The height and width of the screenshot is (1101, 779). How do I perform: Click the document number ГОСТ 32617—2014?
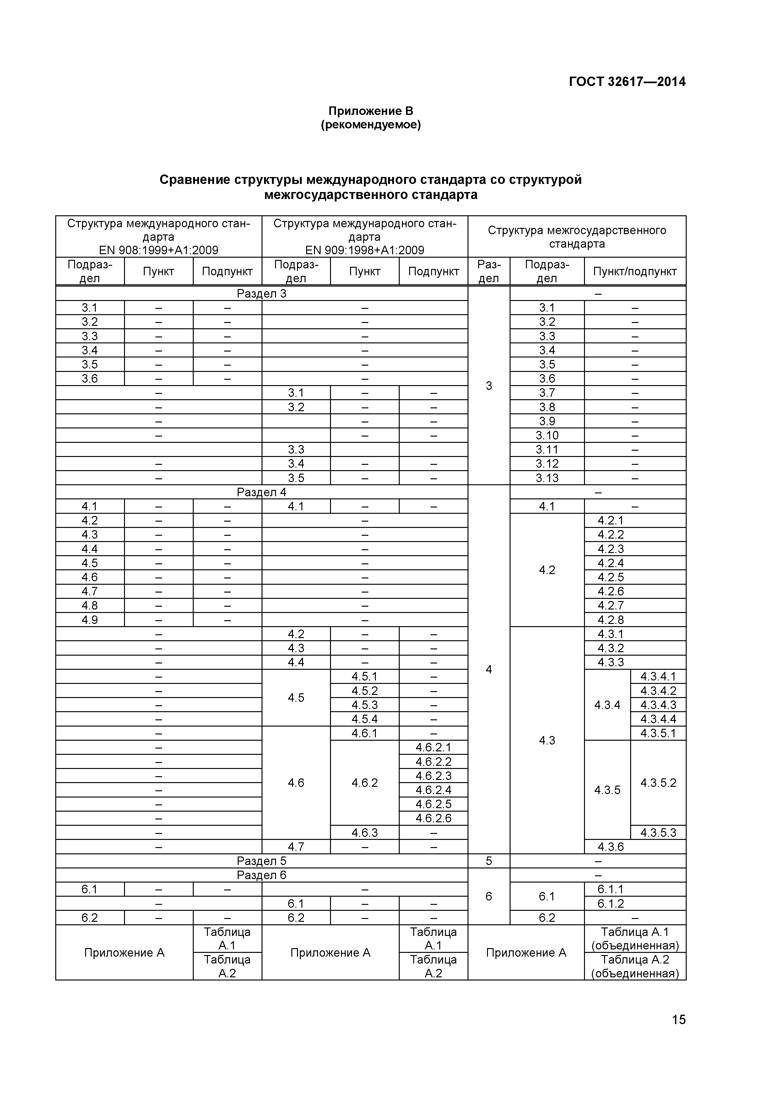627,82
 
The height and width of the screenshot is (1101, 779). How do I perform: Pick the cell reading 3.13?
547,478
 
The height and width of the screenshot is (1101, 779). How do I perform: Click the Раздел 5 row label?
262,861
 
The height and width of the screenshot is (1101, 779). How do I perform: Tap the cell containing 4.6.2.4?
433,790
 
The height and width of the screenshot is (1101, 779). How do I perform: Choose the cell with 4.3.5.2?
658,782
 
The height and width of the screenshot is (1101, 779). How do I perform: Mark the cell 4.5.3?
365,705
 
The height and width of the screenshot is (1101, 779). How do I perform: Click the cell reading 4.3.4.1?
658,677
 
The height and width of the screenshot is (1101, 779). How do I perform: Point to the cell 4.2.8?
611,620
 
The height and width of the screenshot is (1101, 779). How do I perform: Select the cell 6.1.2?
611,904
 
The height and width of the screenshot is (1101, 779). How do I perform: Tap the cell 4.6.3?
365,832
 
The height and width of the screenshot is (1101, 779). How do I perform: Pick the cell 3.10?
547,435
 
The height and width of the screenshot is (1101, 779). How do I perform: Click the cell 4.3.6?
611,847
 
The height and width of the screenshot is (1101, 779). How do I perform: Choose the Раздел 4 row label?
262,492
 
